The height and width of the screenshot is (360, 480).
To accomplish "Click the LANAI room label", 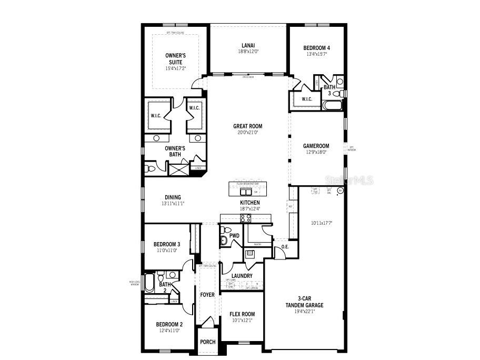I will [248, 45].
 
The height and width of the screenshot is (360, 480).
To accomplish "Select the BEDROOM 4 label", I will [316, 47].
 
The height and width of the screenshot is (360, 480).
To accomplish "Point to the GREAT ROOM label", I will [247, 126].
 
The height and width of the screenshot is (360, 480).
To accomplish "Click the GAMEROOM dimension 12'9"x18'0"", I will [316, 152].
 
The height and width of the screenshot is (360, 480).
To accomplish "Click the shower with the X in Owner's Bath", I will [178, 169].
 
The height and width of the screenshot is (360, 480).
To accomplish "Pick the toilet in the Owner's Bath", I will [150, 169].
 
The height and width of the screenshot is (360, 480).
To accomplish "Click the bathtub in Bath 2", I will [149, 283].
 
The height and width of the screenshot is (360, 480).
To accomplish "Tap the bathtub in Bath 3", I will [332, 105].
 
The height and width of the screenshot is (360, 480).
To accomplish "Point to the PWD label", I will [234, 236].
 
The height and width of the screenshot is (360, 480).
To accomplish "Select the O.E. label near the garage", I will [285, 246].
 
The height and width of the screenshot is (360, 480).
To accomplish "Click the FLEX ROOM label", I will [242, 314].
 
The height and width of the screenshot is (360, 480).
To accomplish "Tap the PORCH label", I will [208, 342].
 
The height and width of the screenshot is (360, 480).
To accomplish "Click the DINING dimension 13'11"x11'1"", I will [173, 204].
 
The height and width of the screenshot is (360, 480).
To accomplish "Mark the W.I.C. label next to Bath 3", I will [307, 99].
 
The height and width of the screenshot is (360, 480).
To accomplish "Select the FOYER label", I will [207, 295].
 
